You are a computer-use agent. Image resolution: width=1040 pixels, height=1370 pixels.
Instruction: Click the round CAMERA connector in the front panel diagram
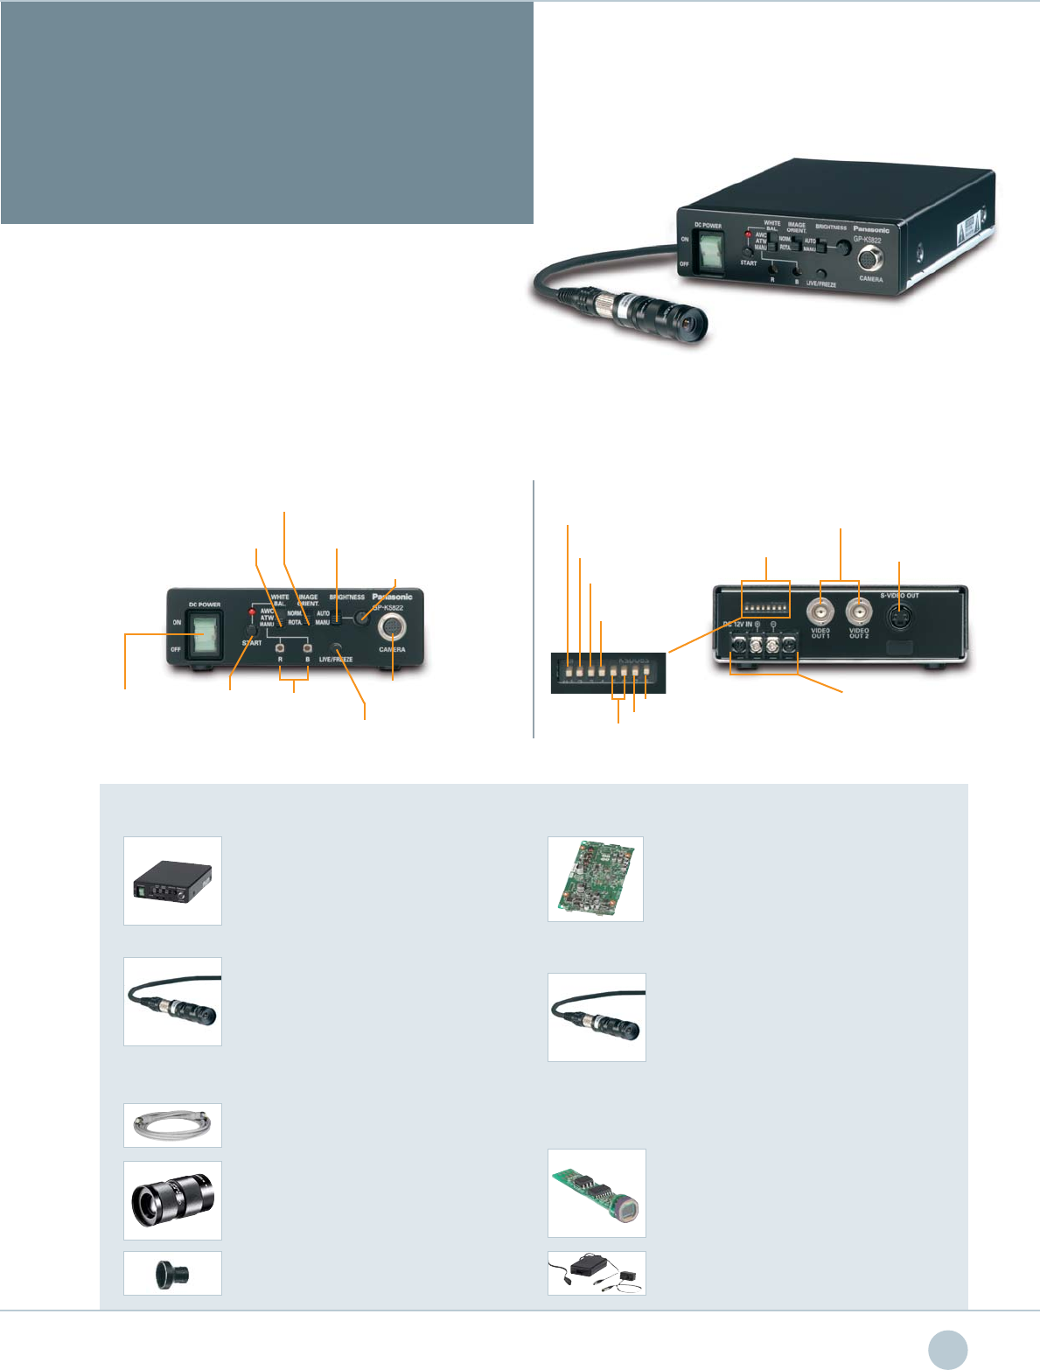[392, 630]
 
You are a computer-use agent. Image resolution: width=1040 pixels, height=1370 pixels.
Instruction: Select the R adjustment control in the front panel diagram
[279, 648]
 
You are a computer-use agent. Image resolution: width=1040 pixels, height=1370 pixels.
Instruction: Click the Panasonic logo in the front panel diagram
[392, 597]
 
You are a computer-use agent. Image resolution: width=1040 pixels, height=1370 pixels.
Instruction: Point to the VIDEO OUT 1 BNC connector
[820, 609]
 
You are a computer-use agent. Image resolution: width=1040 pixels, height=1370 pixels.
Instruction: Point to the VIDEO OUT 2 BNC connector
[859, 609]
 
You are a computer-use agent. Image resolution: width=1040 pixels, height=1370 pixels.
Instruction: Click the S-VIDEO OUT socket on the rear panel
[900, 616]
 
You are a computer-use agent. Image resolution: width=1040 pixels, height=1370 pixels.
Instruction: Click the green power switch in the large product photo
[709, 254]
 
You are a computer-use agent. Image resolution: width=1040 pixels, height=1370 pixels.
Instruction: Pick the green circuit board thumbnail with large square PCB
[596, 878]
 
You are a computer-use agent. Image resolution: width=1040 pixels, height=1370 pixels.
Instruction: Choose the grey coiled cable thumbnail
[172, 1125]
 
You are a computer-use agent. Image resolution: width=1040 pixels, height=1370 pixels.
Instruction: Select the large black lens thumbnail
[172, 1199]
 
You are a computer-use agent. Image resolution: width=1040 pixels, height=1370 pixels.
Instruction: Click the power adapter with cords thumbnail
[597, 1273]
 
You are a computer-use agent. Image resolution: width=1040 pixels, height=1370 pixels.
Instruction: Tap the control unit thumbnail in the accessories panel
[172, 881]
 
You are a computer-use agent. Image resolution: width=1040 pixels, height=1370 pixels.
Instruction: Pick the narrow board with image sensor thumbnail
[597, 1193]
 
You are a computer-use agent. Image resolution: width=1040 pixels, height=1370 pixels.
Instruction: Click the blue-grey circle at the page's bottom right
[948, 1349]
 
